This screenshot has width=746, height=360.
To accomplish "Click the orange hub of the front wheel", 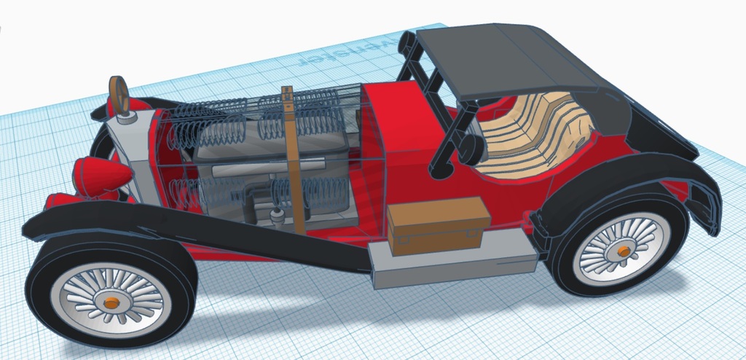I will (111, 301).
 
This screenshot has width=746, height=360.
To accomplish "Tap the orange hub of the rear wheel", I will (624, 251).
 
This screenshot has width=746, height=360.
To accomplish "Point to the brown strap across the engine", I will (293, 160).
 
